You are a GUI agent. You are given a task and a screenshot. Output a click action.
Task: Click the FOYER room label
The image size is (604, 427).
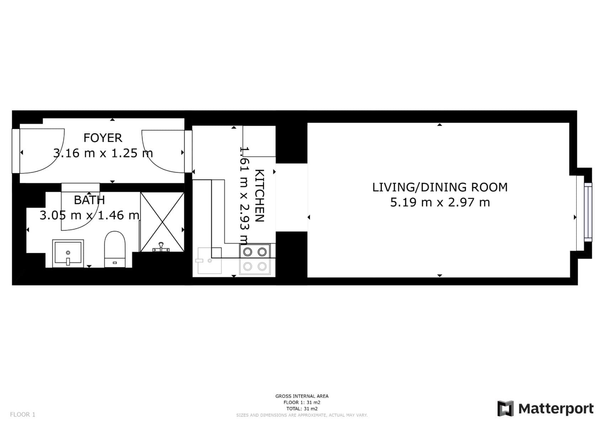point(102,138)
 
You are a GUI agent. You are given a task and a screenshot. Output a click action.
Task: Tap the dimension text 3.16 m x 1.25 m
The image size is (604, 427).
point(103,153)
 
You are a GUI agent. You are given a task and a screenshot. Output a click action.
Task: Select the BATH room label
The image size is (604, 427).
point(89,200)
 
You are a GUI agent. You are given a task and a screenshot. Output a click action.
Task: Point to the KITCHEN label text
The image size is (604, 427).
point(260,196)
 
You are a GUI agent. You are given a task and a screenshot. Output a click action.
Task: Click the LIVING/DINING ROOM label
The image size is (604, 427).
point(440,187)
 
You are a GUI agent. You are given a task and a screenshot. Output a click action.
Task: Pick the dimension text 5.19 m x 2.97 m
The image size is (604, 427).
point(440,202)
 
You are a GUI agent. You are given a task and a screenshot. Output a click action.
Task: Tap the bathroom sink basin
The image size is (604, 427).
point(68,253)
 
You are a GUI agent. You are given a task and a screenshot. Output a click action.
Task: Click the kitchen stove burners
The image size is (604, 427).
point(255,259)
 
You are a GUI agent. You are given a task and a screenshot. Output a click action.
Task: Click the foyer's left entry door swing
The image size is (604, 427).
point(41,151)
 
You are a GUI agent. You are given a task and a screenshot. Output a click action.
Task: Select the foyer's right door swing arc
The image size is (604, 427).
point(162,151)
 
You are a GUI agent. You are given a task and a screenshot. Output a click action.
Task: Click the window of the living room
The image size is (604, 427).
point(588,212)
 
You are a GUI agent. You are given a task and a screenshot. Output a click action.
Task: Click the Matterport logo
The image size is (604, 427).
point(545,408)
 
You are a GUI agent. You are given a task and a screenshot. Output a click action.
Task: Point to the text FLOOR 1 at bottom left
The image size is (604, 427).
point(22,415)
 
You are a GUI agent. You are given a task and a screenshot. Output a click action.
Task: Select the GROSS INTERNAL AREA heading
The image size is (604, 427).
point(302,396)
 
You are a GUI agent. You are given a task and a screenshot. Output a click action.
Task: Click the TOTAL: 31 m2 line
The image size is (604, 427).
point(302,409)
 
